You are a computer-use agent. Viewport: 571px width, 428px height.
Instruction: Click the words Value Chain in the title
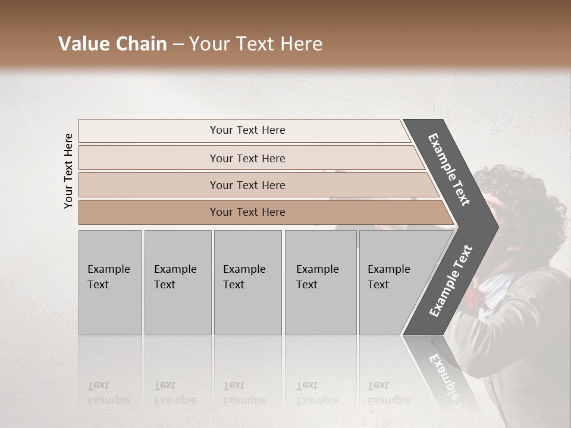[112, 44]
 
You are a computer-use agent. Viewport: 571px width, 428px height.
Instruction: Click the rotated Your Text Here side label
[68, 171]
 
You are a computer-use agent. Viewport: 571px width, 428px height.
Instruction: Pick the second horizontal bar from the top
[247, 158]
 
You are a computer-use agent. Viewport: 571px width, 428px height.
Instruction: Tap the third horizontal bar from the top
[247, 185]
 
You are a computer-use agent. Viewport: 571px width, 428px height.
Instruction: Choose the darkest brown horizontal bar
[247, 212]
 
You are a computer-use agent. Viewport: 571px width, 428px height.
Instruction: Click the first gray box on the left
[110, 282]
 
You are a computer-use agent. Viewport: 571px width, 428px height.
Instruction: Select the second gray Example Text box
[177, 282]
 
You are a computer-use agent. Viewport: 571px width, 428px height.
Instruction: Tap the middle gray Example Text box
[247, 282]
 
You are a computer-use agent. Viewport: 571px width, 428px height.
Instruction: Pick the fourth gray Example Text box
[320, 282]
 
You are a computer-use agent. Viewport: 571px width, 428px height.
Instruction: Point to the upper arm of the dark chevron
[449, 169]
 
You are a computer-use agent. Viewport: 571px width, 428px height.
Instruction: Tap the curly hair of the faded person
[529, 196]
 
